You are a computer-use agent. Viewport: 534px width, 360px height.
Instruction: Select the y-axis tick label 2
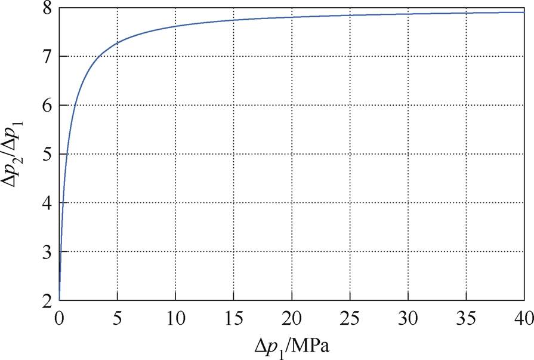point(46,301)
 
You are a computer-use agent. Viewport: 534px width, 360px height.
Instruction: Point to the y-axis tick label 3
point(46,253)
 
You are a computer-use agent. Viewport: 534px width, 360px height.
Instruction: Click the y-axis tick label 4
point(46,204)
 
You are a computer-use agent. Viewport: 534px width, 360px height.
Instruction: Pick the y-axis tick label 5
point(46,155)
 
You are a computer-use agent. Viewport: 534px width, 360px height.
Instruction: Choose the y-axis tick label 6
point(46,106)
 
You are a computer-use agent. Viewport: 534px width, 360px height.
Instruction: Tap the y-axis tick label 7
point(46,57)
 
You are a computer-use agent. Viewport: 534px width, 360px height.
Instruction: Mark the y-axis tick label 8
point(46,8)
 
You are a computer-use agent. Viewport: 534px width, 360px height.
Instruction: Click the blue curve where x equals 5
point(118,43)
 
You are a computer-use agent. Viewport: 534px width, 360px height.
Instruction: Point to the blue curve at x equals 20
point(292,17)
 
